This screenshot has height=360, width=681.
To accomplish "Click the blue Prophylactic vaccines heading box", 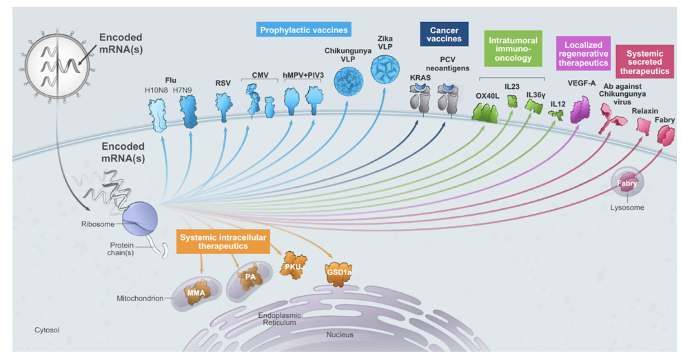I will [304, 30].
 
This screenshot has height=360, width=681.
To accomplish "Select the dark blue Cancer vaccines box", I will [444, 34].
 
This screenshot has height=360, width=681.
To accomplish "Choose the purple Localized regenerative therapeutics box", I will [583, 52].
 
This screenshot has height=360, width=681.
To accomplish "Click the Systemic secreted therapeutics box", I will [644, 60].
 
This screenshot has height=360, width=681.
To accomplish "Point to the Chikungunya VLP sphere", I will [349, 81].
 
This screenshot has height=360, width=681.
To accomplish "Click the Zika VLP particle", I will [385, 70].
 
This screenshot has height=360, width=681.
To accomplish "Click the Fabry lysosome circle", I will [627, 184].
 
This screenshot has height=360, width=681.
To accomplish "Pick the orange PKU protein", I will [293, 266].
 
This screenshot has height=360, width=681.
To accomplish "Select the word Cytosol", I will [47, 330].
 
